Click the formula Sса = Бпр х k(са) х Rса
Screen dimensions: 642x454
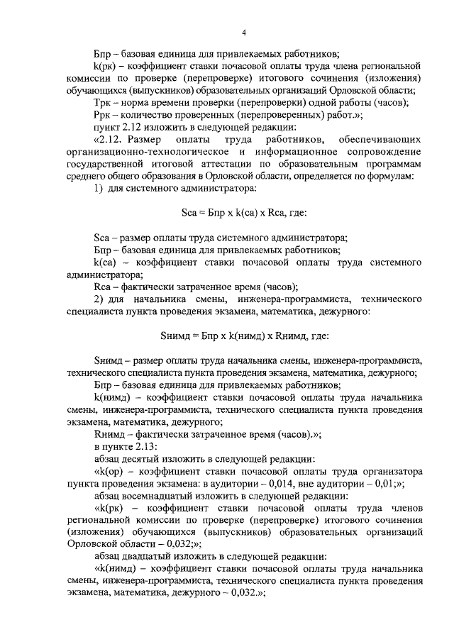click(243, 212)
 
